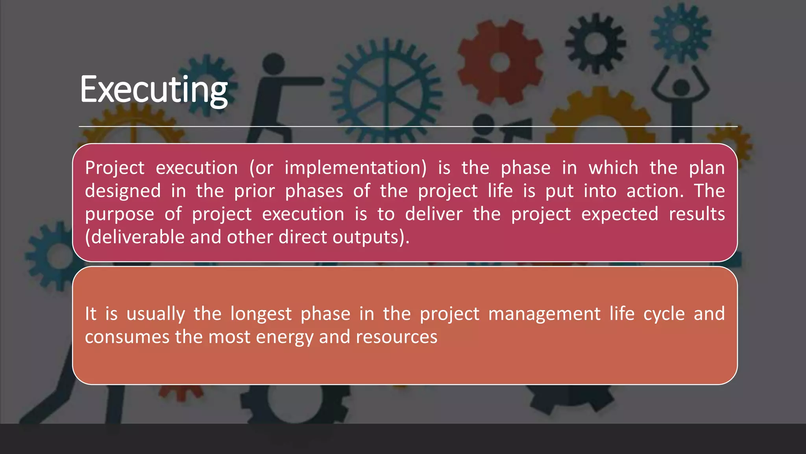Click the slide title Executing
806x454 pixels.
[x=153, y=90]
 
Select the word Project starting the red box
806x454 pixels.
[x=115, y=168]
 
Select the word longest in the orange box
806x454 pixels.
[x=261, y=314]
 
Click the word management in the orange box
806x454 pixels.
[x=544, y=314]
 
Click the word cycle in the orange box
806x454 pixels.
[x=664, y=314]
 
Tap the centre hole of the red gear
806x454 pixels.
[x=500, y=62]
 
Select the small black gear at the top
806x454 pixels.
[x=595, y=43]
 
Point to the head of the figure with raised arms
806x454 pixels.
[x=681, y=87]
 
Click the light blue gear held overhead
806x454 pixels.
[x=680, y=32]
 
